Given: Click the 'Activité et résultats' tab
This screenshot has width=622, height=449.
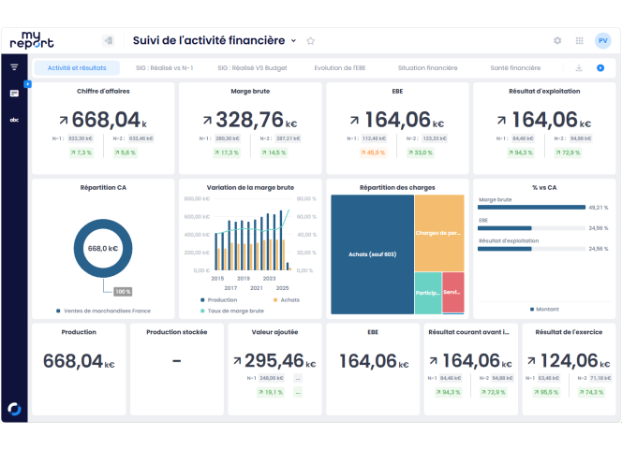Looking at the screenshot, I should (x=77, y=68).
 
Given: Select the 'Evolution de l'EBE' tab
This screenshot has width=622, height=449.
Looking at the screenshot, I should (x=340, y=68).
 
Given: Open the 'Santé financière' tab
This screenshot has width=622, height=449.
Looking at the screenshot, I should (x=514, y=68).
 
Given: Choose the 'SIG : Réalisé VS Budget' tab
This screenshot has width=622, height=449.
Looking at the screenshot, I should (x=252, y=68).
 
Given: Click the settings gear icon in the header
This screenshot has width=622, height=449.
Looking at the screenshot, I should (x=557, y=41).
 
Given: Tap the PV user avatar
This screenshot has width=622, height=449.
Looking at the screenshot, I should (x=602, y=41).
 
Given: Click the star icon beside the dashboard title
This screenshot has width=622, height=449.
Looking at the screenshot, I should (x=311, y=41).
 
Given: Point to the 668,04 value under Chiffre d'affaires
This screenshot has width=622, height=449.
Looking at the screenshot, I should (x=105, y=120).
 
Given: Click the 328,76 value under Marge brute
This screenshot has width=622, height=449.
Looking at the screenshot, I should (x=249, y=120).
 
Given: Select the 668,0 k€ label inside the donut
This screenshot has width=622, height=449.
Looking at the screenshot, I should (x=102, y=249).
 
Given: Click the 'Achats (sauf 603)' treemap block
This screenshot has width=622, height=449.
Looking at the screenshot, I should (x=372, y=254).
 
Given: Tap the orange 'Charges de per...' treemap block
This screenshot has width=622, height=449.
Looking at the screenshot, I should (x=438, y=233).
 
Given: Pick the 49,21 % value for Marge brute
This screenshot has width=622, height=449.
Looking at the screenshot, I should (x=598, y=208).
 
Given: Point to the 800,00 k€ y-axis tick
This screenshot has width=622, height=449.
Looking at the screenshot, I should (x=196, y=199).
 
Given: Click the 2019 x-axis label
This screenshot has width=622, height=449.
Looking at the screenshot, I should (x=243, y=278).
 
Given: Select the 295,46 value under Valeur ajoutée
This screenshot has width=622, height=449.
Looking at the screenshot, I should (x=274, y=361).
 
